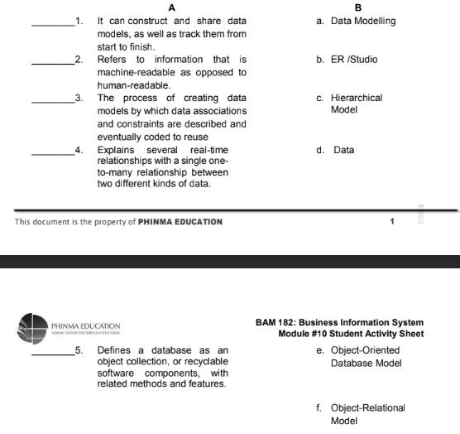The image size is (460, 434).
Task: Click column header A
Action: click(170, 7)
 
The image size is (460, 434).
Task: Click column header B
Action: click(357, 7)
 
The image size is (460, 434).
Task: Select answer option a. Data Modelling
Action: click(356, 21)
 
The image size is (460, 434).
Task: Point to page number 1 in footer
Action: click(392, 222)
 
